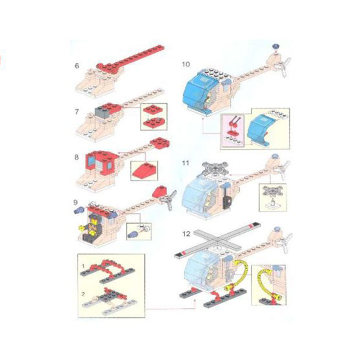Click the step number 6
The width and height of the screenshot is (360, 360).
click(x=77, y=66)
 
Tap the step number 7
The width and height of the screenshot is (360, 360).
click(x=77, y=112)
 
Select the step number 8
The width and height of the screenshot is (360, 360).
click(x=76, y=157)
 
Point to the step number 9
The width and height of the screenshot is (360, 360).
click(x=76, y=202)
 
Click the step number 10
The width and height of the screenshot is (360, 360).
click(x=186, y=64)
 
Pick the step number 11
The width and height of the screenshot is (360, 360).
click(x=185, y=163)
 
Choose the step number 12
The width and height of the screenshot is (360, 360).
click(x=186, y=234)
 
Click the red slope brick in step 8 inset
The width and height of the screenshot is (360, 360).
click(x=144, y=171)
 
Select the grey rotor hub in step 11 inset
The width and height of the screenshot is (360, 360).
click(x=273, y=191)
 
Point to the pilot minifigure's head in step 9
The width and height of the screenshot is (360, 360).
click(x=94, y=221)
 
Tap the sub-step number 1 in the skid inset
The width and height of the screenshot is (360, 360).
click(x=83, y=266)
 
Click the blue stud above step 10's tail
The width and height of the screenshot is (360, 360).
click(x=276, y=46)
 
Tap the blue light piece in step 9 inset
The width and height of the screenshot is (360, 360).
click(x=133, y=235)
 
